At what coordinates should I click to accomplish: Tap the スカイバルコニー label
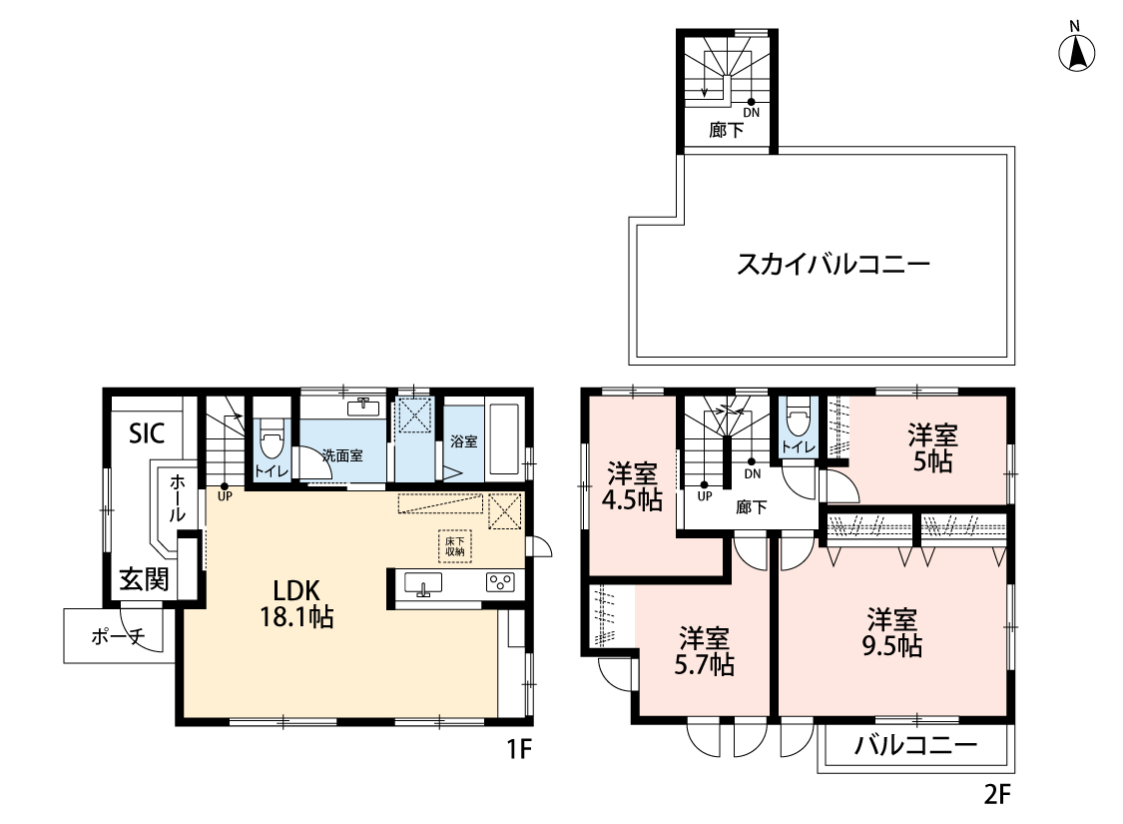[x=834, y=265]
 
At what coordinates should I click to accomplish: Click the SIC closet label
[x=147, y=432]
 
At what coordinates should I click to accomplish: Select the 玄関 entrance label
[x=144, y=579]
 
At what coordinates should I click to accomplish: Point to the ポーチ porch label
[x=118, y=635]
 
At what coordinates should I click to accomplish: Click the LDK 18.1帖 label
[x=296, y=603]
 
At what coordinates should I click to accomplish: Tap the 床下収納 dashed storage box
[x=455, y=546]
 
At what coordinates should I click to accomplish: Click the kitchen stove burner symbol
[x=500, y=582]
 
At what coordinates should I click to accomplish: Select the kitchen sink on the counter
[x=423, y=584]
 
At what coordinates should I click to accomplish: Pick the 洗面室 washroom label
[x=342, y=455]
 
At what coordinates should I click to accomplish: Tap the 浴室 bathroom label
[x=464, y=441]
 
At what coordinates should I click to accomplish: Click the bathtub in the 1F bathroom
[x=502, y=438]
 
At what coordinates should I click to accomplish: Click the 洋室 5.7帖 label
[x=704, y=651]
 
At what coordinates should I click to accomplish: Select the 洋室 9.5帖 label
[x=891, y=632]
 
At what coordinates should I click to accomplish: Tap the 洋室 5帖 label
[x=932, y=448]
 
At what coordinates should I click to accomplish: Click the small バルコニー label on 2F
[x=916, y=745]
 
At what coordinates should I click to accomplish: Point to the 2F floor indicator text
[x=997, y=794]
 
